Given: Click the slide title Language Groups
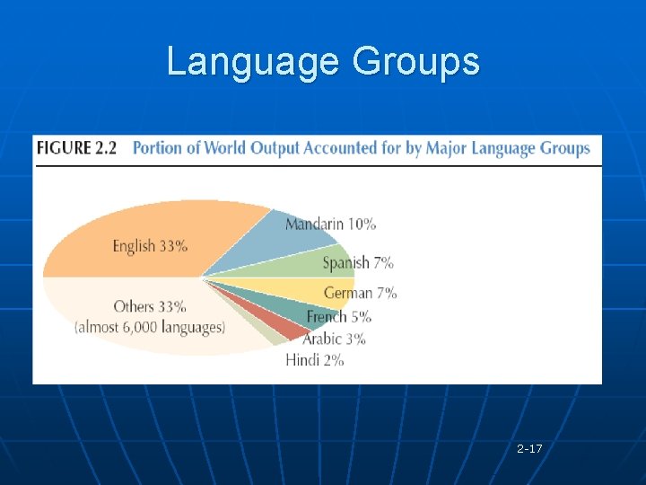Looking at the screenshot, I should click(x=323, y=61).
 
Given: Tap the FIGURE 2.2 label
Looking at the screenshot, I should click(x=76, y=148).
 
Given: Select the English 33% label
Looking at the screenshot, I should click(x=150, y=245).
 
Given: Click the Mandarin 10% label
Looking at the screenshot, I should click(x=330, y=224).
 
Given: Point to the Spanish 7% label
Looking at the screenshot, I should click(x=357, y=262).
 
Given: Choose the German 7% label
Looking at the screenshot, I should click(x=360, y=293).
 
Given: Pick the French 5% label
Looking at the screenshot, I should click(x=338, y=316).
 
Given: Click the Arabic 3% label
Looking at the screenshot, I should click(x=334, y=339).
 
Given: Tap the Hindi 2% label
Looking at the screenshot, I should click(x=314, y=360).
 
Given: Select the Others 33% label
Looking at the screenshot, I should click(x=150, y=306).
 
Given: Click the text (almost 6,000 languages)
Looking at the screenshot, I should click(x=150, y=327).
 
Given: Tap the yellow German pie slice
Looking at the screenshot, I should click(x=296, y=289).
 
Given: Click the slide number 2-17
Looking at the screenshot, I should click(x=529, y=447).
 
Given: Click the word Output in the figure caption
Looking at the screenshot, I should click(x=274, y=148).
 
